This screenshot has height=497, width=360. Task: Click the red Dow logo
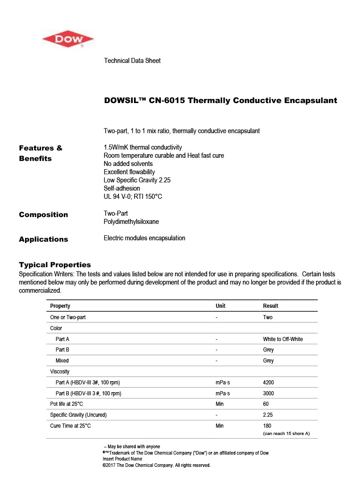(x=68, y=39)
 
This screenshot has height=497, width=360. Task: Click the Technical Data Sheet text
(x=132, y=61)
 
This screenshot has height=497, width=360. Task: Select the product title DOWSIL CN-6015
(x=221, y=100)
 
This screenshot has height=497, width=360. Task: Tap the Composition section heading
(x=43, y=215)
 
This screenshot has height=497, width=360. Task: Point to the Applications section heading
(x=43, y=239)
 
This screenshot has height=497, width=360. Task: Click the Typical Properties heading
(x=55, y=265)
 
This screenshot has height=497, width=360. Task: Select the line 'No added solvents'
(x=128, y=164)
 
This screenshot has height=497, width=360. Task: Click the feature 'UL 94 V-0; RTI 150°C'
(x=133, y=197)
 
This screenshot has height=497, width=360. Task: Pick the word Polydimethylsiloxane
(x=131, y=222)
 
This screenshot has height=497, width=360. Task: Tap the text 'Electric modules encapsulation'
(x=144, y=238)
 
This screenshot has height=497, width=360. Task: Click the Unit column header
(x=221, y=306)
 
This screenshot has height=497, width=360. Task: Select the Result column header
(x=270, y=306)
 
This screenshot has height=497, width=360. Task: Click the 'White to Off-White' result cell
(x=283, y=339)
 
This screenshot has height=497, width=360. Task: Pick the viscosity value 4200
(x=268, y=383)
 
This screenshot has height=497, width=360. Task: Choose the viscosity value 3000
(x=268, y=393)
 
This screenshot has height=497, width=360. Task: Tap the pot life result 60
(x=266, y=404)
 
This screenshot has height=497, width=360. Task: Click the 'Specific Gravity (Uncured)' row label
(x=78, y=415)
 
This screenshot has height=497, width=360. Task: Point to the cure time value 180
(x=267, y=426)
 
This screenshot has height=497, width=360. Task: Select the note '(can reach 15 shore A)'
(x=286, y=433)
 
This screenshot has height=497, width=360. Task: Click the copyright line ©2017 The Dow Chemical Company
(x=156, y=466)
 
